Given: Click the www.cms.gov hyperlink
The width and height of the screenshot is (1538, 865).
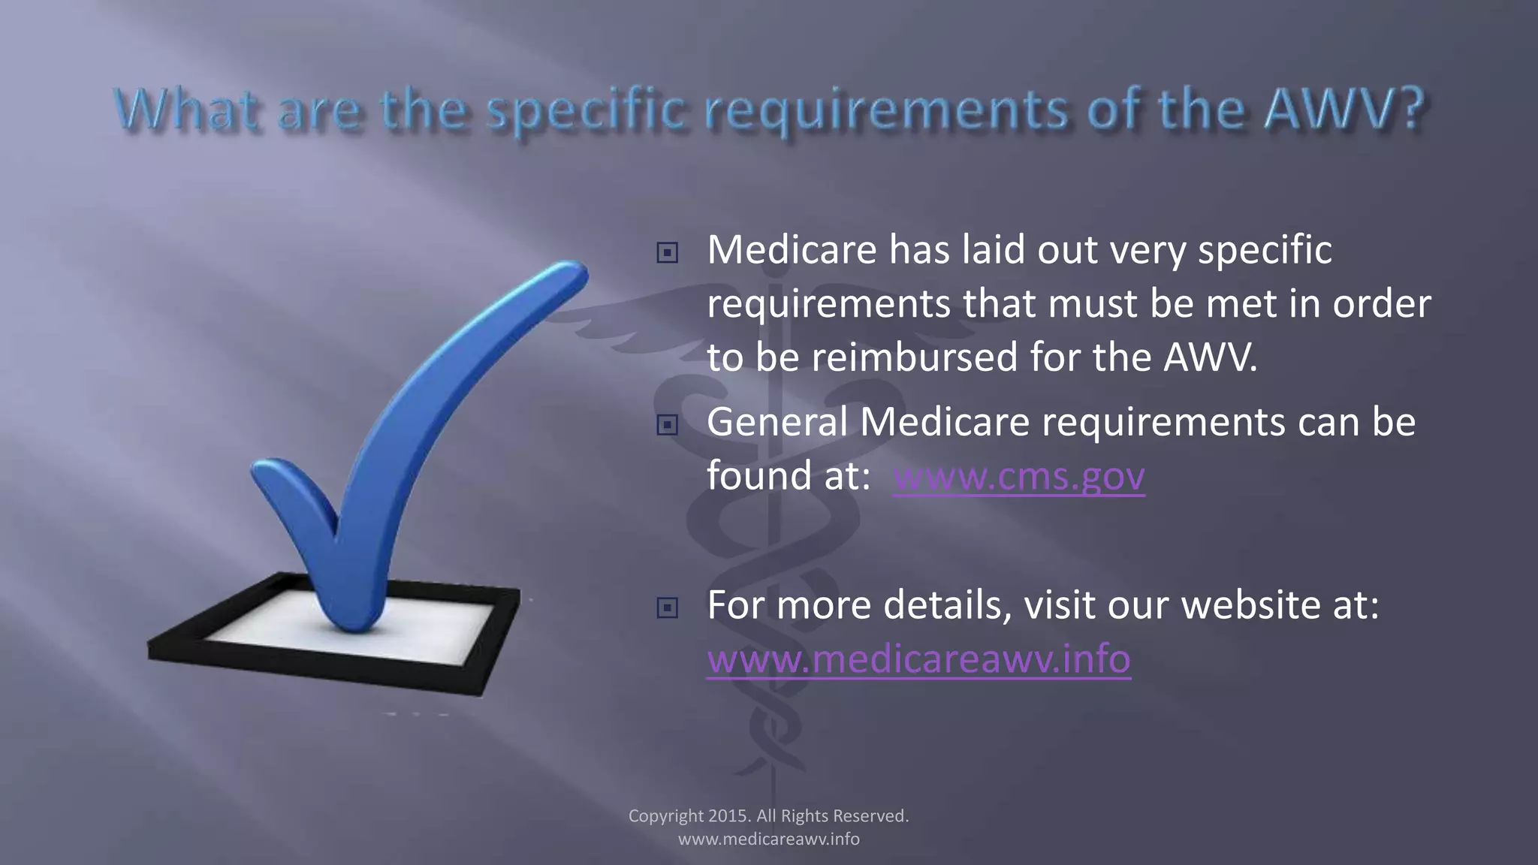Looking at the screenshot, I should pyautogui.click(x=1018, y=476).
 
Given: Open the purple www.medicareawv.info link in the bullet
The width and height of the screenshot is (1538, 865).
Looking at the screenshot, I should pyautogui.click(x=918, y=659).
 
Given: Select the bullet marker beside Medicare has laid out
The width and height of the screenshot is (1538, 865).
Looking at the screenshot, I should pyautogui.click(x=667, y=253).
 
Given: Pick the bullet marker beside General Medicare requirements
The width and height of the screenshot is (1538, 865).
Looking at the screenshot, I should pyautogui.click(x=667, y=426).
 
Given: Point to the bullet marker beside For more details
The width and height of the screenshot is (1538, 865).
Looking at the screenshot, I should pyautogui.click(x=667, y=607).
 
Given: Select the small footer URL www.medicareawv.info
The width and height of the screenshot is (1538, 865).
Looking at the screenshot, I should pyautogui.click(x=768, y=839).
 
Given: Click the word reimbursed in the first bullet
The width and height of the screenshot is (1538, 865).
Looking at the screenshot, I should pyautogui.click(x=914, y=357).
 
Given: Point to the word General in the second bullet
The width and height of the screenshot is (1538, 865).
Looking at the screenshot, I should pyautogui.click(x=777, y=422).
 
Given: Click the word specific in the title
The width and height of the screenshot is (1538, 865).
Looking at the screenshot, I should pyautogui.click(x=586, y=110).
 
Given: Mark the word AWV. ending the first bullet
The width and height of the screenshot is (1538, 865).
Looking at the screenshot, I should pyautogui.click(x=1210, y=357).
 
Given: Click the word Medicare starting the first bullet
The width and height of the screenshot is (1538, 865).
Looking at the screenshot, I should pyautogui.click(x=792, y=250).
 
